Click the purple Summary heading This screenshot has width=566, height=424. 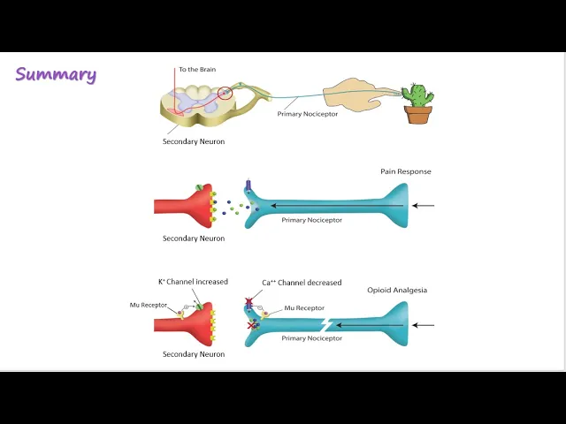[x=56, y=74]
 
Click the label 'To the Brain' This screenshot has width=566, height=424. [x=196, y=69]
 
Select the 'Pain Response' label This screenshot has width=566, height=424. [x=406, y=171]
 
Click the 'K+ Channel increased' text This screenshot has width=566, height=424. [x=193, y=282]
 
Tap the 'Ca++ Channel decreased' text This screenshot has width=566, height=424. [x=302, y=283]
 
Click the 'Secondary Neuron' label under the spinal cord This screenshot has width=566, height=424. [x=194, y=141]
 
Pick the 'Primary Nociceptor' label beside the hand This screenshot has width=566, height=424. [x=308, y=114]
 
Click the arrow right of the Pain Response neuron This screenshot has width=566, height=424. [x=424, y=206]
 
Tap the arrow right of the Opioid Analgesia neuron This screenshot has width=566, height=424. [x=424, y=325]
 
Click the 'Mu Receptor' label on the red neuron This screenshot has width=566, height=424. [x=148, y=305]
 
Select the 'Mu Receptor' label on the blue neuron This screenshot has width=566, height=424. [x=304, y=308]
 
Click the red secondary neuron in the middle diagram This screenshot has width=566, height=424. [x=186, y=206]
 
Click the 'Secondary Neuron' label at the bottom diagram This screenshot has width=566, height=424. [x=194, y=354]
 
